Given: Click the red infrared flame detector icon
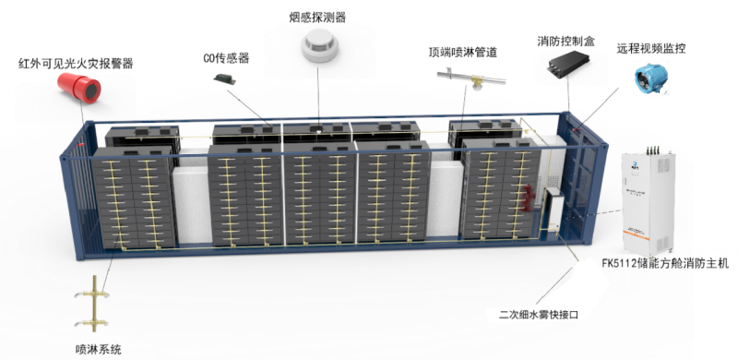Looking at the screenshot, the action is pyautogui.click(x=79, y=87).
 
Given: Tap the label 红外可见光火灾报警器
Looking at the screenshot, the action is pyautogui.click(x=76, y=63).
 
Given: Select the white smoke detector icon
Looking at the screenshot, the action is pyautogui.click(x=319, y=44).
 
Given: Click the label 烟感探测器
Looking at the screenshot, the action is pyautogui.click(x=317, y=18).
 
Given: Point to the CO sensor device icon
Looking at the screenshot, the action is pyautogui.click(x=224, y=78).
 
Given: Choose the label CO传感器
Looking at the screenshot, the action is pyautogui.click(x=226, y=58).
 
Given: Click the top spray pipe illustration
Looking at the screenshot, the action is pyautogui.click(x=471, y=79).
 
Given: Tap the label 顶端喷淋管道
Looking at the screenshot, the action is pyautogui.click(x=463, y=52).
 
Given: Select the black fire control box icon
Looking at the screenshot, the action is pyautogui.click(x=568, y=62).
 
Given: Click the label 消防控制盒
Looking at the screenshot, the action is pyautogui.click(x=566, y=41).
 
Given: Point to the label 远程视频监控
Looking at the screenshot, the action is pyautogui.click(x=651, y=48).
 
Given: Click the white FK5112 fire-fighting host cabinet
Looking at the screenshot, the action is pyautogui.click(x=649, y=203).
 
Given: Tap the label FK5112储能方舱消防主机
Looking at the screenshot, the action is pyautogui.click(x=665, y=263).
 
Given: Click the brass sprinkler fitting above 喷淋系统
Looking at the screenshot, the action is pyautogui.click(x=93, y=305).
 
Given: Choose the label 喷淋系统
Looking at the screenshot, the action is pyautogui.click(x=99, y=350).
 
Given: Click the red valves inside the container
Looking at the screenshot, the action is pyautogui.click(x=528, y=198).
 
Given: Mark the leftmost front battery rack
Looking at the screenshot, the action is pyautogui.click(x=134, y=197).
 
